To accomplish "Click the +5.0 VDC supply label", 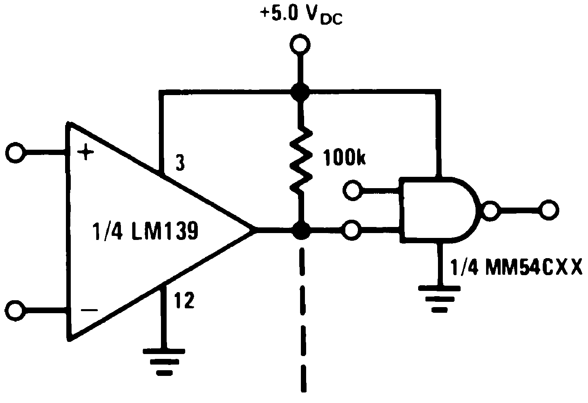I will tap(301, 16).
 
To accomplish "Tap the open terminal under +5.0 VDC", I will tap(300, 45).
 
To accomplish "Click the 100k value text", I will tap(344, 159).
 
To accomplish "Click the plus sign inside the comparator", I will tap(86, 154).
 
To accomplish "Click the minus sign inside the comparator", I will tap(89, 310).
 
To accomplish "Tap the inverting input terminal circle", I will tap(15, 310).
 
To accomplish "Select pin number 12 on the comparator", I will tap(184, 301).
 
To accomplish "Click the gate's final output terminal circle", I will tap(549, 210).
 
